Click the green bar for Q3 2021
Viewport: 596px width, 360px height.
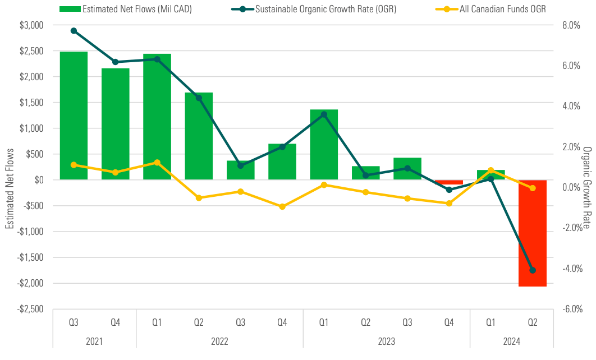74,116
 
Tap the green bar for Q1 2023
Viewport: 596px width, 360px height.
324,145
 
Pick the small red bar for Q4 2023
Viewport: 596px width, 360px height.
449,182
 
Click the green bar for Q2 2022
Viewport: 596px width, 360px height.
199,136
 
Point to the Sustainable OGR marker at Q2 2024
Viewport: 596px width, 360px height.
533,270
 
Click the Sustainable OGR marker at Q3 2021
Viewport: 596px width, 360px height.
74,31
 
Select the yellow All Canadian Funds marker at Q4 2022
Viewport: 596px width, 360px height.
282,206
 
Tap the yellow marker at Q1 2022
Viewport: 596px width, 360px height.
157,163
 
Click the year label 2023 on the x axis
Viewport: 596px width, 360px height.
386,341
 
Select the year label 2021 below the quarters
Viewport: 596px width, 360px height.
94,341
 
